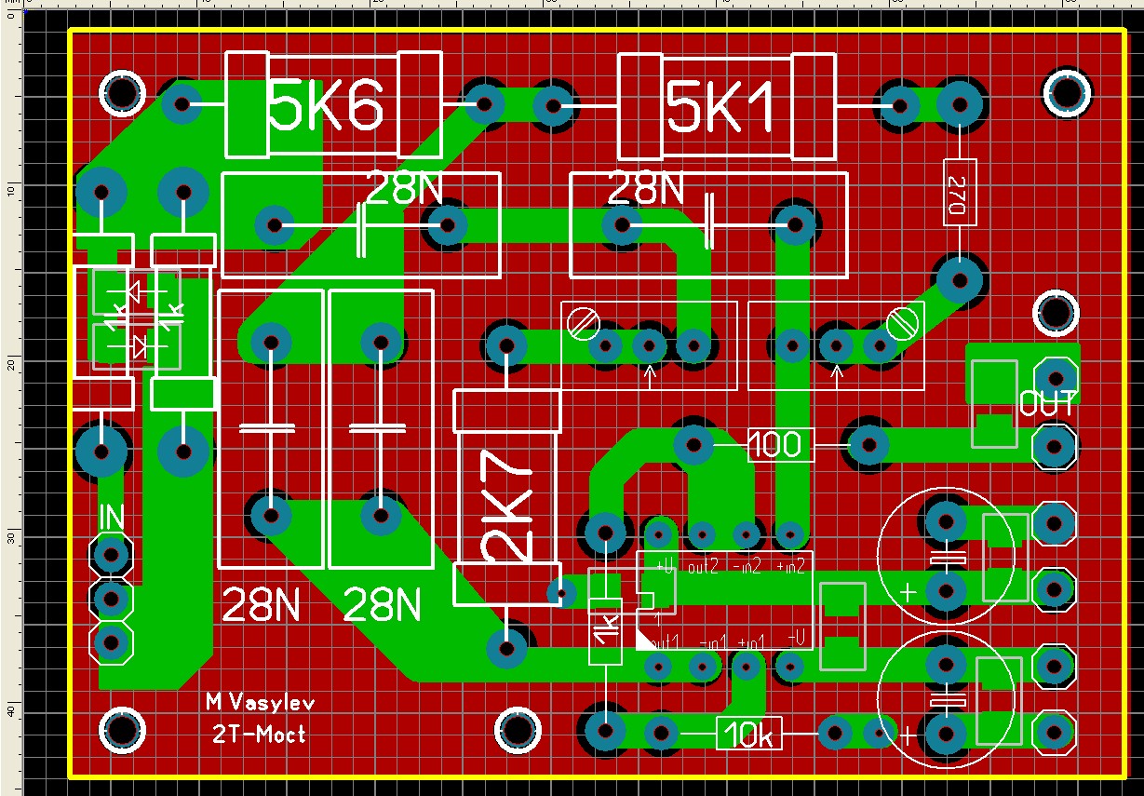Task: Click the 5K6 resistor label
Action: tap(325, 108)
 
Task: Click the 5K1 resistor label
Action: tap(720, 112)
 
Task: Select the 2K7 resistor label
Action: tap(507, 500)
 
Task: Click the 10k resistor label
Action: tap(749, 735)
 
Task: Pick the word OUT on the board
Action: tap(1047, 405)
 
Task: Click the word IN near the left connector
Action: tap(111, 518)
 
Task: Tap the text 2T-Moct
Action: tap(259, 735)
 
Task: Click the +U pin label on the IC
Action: tap(665, 565)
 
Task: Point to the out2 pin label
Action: tap(704, 565)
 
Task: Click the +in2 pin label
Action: tap(789, 565)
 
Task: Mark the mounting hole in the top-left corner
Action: tap(122, 93)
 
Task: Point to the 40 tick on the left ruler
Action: tap(9, 711)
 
